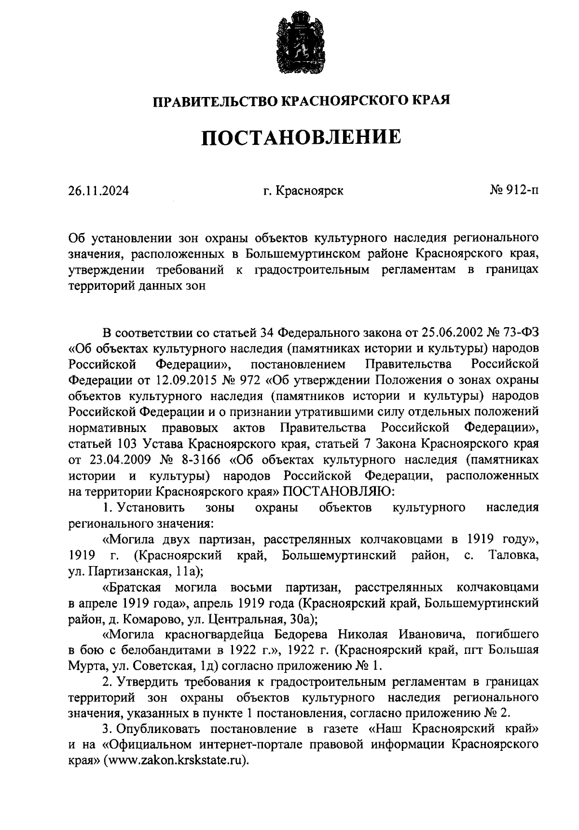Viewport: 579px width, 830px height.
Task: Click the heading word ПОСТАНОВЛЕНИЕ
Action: [301, 138]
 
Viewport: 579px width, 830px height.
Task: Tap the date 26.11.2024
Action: [98, 191]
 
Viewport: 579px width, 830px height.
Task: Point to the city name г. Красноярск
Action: [303, 191]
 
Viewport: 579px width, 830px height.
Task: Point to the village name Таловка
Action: [513, 555]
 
